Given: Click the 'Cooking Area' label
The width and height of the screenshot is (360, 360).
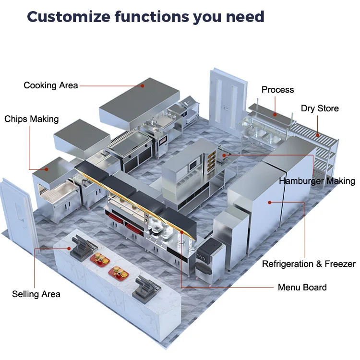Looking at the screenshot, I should [50, 85].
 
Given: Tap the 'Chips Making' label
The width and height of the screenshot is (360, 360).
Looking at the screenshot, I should [32, 119].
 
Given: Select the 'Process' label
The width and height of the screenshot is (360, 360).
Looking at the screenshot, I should [277, 90].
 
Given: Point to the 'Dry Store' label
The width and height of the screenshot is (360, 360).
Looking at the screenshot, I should [320, 108].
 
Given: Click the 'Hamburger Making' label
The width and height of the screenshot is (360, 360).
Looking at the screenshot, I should [317, 181].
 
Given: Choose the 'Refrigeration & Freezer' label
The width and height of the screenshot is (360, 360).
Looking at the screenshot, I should [309, 264].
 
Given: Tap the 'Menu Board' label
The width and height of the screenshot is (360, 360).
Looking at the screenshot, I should [302, 288].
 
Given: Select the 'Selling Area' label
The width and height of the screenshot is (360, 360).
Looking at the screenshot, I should [36, 294].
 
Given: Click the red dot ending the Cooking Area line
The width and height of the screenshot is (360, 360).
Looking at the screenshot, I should [143, 85].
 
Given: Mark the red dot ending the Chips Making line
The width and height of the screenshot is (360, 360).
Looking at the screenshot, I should [47, 169].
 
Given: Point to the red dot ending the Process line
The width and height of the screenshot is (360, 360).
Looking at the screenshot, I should [275, 114].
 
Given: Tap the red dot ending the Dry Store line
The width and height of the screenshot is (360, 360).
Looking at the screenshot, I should [317, 135].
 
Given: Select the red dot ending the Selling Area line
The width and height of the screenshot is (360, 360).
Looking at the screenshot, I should [70, 248].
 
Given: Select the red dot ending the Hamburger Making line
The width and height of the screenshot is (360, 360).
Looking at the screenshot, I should [224, 155].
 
